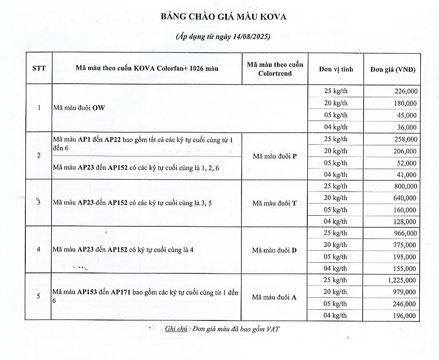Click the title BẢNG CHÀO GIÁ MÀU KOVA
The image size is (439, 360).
click(x=223, y=16)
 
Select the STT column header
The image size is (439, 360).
click(x=38, y=68)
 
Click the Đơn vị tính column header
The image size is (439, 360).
click(x=335, y=69)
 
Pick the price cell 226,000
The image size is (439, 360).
click(x=405, y=91)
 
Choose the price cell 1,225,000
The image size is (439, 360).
click(x=403, y=280)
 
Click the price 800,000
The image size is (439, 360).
click(x=405, y=186)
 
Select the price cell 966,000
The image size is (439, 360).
click(x=405, y=233)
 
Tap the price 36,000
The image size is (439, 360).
click(x=407, y=127)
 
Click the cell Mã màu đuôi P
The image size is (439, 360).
click(x=274, y=156)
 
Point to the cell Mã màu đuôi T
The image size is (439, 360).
click(x=274, y=203)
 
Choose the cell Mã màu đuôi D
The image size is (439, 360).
click(x=274, y=250)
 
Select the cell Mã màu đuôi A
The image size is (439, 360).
click(x=274, y=297)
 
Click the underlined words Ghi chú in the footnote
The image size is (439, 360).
click(x=176, y=329)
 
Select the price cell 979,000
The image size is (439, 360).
click(x=405, y=292)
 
